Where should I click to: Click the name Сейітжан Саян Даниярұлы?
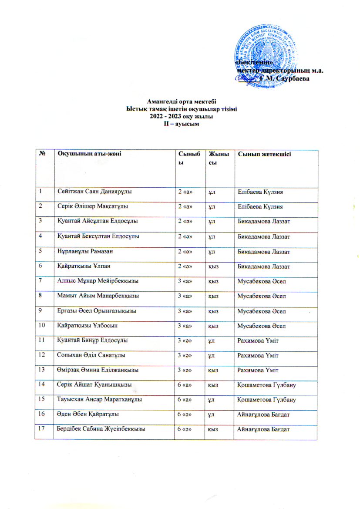point(95,191)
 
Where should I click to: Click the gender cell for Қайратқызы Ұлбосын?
point(214,326)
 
